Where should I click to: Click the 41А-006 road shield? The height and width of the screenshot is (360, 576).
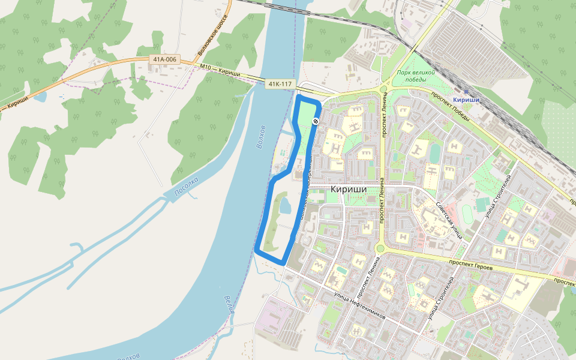[x=164, y=59]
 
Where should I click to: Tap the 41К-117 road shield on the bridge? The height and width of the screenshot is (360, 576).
[x=280, y=84]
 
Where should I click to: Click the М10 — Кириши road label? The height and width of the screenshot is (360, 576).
[x=220, y=70]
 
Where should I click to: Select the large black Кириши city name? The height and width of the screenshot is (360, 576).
[x=348, y=188]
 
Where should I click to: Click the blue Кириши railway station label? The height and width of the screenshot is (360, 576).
[x=466, y=100]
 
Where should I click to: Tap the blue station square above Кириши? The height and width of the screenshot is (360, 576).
[x=466, y=91]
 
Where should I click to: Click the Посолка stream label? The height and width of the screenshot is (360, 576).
[x=186, y=188]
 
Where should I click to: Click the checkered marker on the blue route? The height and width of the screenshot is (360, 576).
[x=316, y=121]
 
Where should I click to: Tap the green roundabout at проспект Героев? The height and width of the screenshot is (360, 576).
[x=380, y=248]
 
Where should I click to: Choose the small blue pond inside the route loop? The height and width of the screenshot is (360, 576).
[x=285, y=207]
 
